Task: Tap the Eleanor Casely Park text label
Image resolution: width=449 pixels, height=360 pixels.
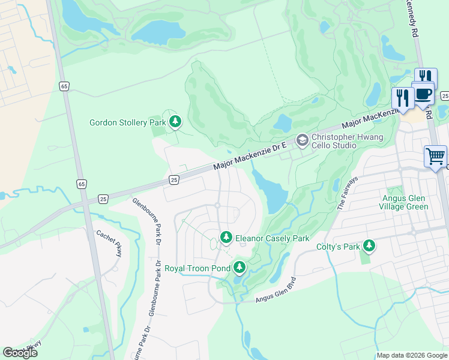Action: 272,238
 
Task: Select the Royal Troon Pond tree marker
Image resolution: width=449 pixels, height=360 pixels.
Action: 239,267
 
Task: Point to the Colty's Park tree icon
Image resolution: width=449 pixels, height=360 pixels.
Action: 369,246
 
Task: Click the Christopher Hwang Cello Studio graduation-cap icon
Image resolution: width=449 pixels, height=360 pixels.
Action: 302,139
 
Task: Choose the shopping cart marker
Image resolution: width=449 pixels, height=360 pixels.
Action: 435,156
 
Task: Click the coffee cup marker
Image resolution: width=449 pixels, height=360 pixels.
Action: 423,94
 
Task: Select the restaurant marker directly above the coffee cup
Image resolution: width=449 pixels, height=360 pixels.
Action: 425,77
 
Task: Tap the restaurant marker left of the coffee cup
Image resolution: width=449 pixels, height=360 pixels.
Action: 402,97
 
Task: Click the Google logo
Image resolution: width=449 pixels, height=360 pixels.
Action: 20,353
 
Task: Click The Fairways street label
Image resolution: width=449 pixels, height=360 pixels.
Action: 348,192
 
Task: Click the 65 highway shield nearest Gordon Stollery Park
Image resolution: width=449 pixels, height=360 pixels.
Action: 64,86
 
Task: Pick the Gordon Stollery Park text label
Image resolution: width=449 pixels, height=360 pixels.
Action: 127,123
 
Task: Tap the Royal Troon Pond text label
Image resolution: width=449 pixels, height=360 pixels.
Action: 197,268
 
